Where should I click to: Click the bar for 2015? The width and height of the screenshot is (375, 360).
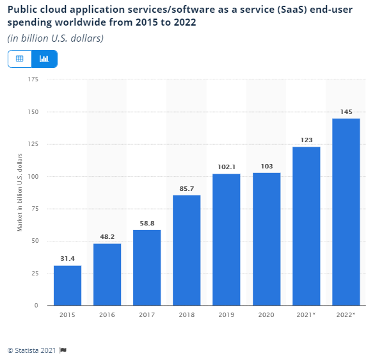click(67, 285)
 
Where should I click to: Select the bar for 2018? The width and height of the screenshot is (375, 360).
click(187, 250)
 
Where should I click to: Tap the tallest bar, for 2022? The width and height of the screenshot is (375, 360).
click(346, 211)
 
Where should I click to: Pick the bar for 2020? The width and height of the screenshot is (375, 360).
click(266, 238)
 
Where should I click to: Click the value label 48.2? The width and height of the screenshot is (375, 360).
click(107, 236)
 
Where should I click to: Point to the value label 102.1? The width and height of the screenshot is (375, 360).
click(227, 167)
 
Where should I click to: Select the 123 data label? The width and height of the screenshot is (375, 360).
click(306, 140)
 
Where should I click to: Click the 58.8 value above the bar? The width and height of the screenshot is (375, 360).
click(147, 223)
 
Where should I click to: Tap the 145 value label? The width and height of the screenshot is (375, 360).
click(346, 111)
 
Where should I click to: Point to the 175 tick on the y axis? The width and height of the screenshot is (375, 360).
click(33, 79)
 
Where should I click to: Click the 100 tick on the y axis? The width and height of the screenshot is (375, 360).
click(33, 176)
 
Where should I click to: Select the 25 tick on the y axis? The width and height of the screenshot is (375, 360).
click(35, 273)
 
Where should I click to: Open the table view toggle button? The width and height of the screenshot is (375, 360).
click(20, 59)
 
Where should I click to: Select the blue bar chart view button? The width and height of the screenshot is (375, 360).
click(44, 59)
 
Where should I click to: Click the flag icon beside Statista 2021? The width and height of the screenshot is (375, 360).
click(63, 350)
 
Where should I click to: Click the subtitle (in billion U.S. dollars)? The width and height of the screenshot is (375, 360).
click(56, 38)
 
